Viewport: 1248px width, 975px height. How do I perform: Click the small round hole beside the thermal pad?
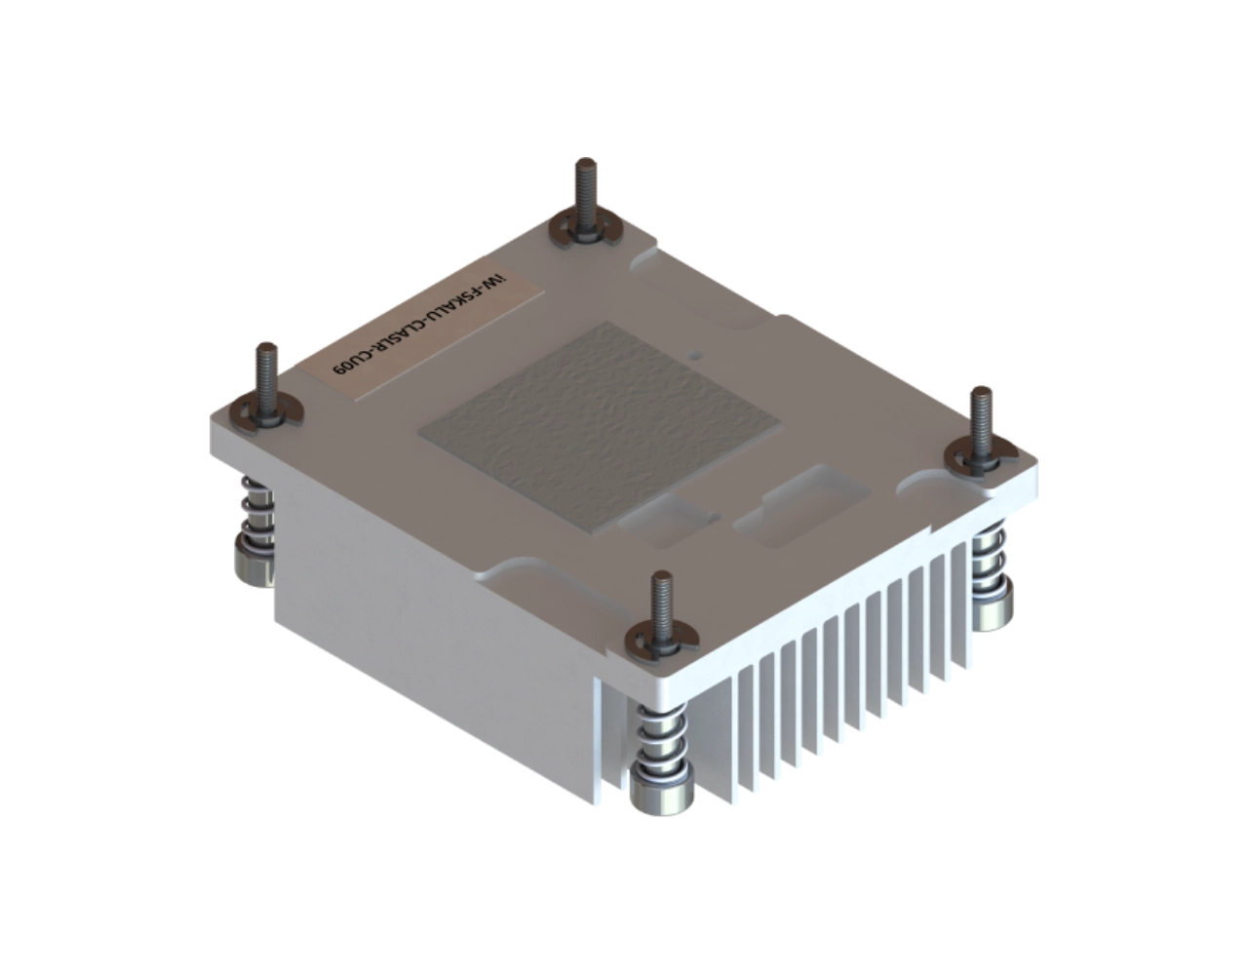(x=693, y=356)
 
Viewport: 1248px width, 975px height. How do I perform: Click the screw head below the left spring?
(x=254, y=565)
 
